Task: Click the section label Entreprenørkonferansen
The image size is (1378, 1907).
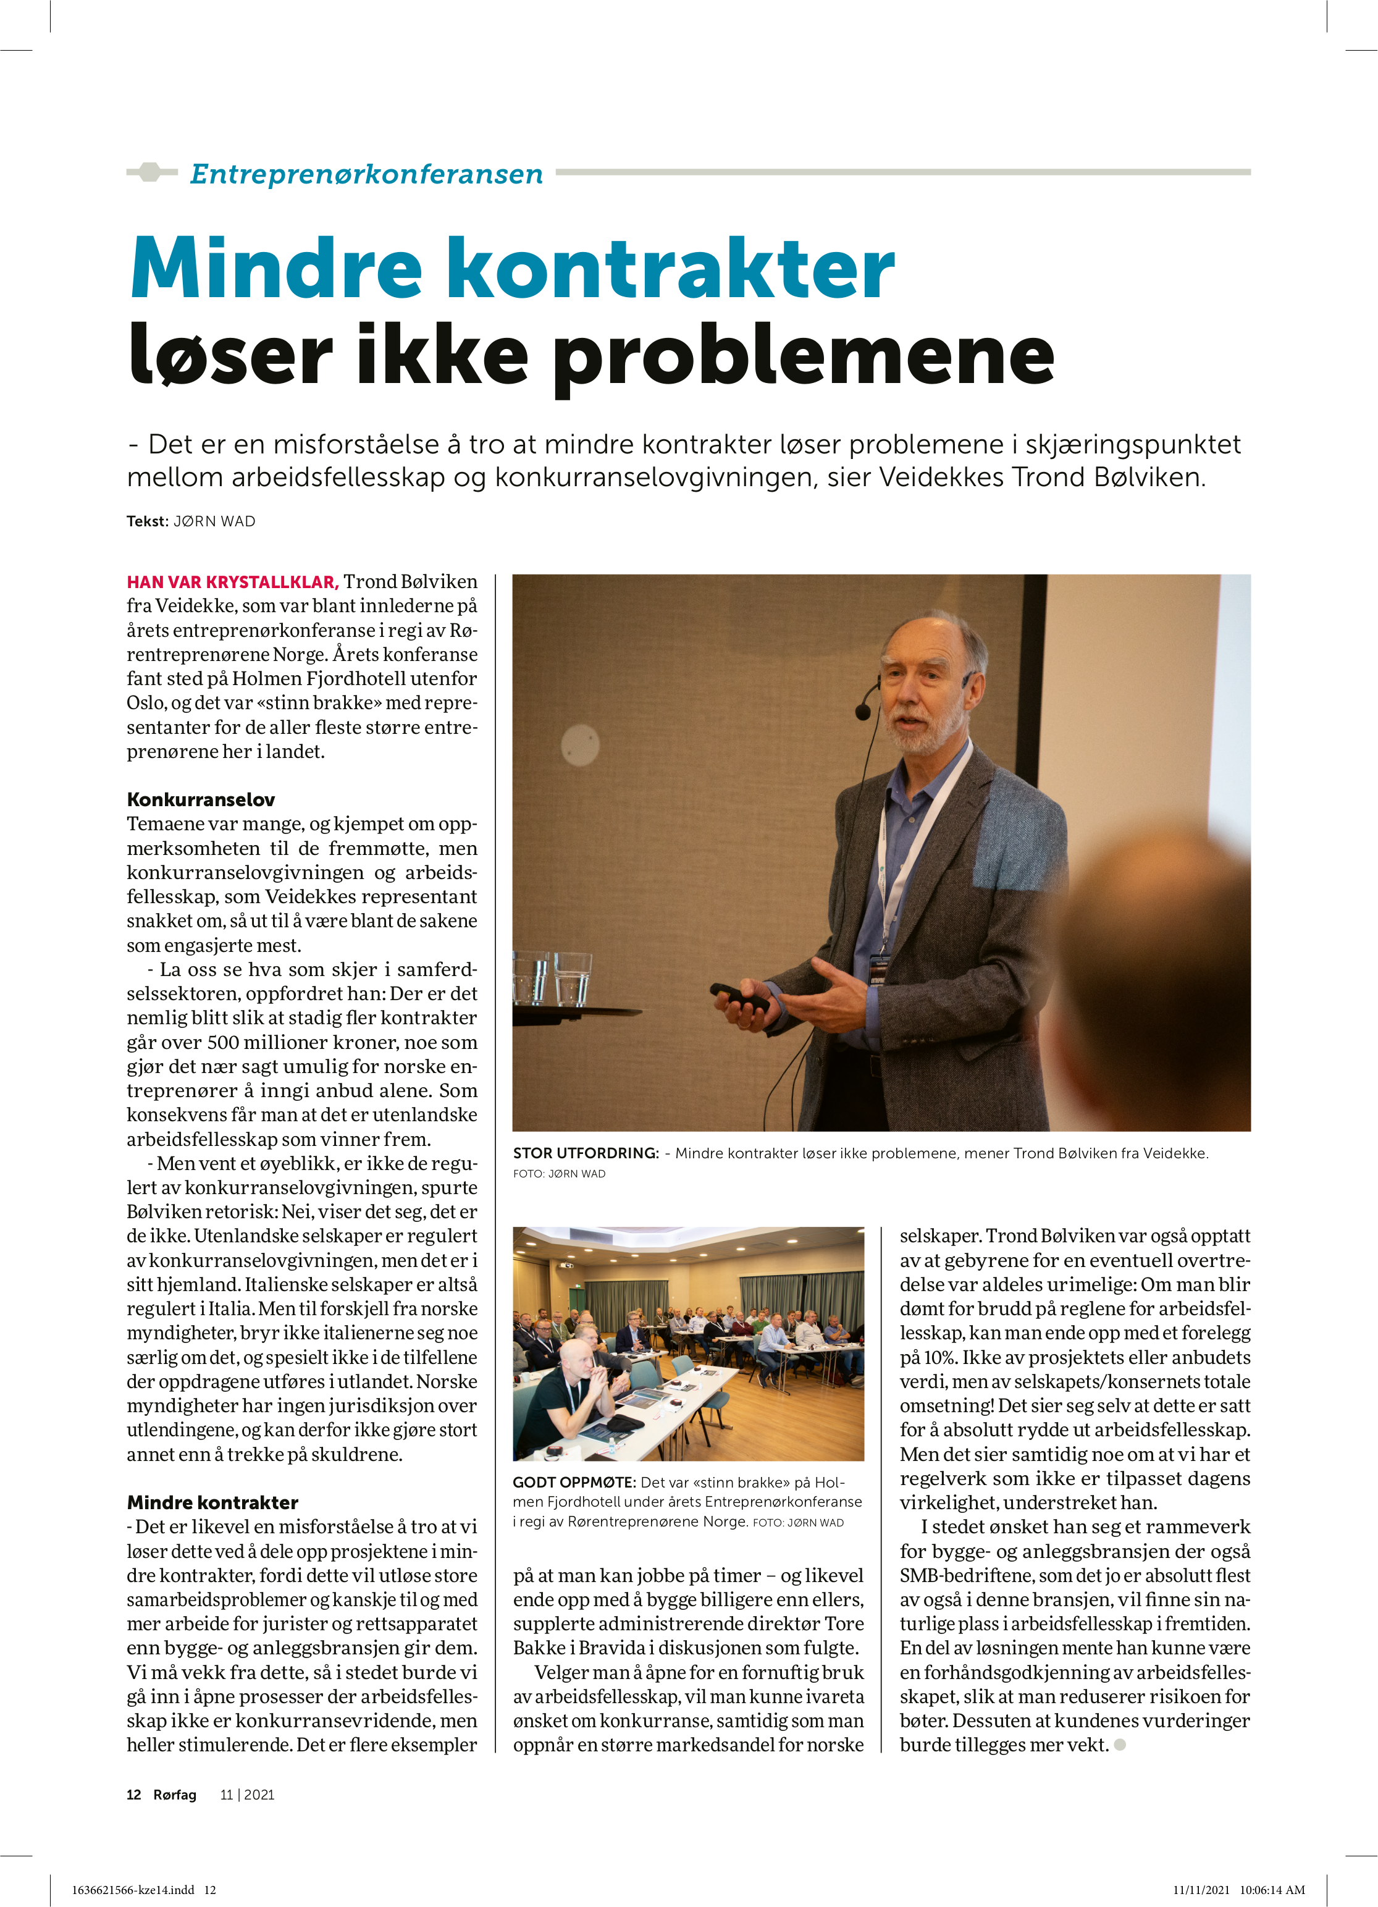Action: click(x=366, y=174)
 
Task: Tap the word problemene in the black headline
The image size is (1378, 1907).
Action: click(x=802, y=357)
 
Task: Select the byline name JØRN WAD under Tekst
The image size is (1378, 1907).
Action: click(x=214, y=521)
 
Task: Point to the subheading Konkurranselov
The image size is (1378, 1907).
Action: click(x=201, y=799)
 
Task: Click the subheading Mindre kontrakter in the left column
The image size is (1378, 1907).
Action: click(x=212, y=1502)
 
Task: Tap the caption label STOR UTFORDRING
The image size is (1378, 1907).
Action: click(x=585, y=1153)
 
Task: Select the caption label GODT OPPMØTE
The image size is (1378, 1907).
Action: click(x=574, y=1483)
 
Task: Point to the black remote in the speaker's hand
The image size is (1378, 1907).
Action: click(x=740, y=997)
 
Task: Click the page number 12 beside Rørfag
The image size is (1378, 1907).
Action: click(x=133, y=1795)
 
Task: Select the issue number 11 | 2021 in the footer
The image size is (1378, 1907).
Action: click(x=247, y=1795)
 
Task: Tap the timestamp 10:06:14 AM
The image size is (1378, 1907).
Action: click(x=1272, y=1889)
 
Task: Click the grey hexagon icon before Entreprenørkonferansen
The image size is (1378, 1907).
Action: click(x=149, y=172)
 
